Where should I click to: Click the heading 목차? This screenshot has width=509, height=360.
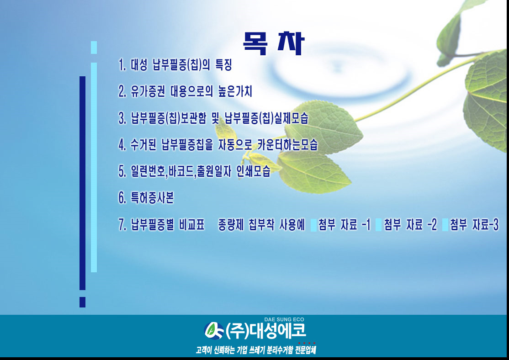click(x=274, y=43)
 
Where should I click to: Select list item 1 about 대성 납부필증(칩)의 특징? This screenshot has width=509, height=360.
click(x=175, y=64)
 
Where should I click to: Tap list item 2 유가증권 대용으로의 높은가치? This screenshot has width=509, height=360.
click(x=186, y=91)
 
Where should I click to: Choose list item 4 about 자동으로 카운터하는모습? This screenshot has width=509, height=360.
click(x=218, y=144)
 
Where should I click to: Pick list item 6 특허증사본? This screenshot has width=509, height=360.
click(x=146, y=197)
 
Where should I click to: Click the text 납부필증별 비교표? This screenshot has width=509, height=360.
click(x=168, y=224)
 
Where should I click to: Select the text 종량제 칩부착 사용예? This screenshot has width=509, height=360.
click(x=262, y=224)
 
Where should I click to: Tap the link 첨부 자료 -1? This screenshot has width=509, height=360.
click(x=344, y=224)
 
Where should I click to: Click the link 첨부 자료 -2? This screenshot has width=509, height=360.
click(x=410, y=224)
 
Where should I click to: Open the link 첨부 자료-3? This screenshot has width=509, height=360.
click(x=474, y=224)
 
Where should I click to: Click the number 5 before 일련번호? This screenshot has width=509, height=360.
click(x=122, y=171)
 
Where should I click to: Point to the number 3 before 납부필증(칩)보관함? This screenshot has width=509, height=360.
click(x=122, y=118)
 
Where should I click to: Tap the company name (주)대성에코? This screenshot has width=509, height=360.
click(x=266, y=331)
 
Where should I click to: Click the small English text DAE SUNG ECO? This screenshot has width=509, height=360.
click(x=284, y=319)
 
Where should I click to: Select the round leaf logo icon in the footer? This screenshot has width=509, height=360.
click(x=214, y=330)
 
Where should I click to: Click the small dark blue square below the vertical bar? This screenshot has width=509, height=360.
click(x=82, y=302)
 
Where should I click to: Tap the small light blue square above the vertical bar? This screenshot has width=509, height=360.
click(x=94, y=48)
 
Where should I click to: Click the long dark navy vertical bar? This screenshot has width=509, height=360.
click(x=82, y=183)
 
